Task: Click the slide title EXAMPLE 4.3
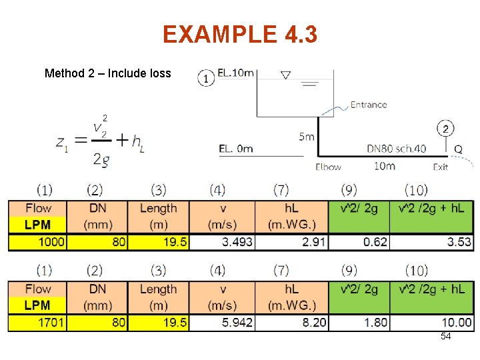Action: point(240,34)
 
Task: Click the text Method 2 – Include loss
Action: point(108,73)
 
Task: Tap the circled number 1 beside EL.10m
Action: point(206,78)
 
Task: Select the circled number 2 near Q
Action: point(446,128)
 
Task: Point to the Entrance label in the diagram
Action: point(368,105)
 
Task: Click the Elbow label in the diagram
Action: point(328,167)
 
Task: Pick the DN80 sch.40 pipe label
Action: point(396,149)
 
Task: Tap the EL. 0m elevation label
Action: point(236,148)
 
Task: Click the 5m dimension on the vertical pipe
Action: point(306,137)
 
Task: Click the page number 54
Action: point(445,337)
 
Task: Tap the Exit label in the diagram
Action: point(440,167)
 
